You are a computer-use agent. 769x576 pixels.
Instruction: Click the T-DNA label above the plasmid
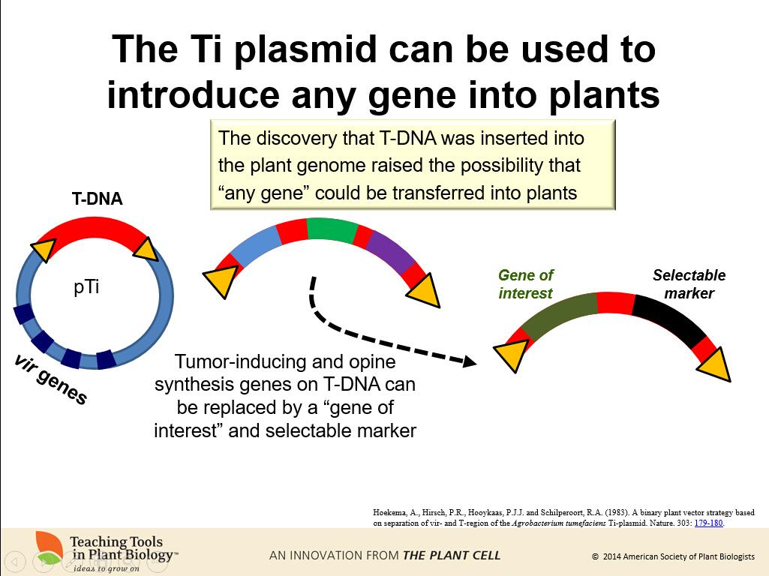97,199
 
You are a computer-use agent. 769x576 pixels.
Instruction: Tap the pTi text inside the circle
86,287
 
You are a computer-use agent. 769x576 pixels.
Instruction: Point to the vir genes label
50,379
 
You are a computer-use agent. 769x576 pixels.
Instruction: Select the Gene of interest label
525,284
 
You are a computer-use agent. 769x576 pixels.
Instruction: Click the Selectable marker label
689,284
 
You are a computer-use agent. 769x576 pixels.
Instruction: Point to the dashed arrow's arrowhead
470,361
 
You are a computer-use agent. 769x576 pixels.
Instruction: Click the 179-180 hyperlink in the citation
708,523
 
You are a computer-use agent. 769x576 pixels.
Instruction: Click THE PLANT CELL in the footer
452,556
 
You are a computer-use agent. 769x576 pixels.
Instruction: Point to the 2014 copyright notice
673,556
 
